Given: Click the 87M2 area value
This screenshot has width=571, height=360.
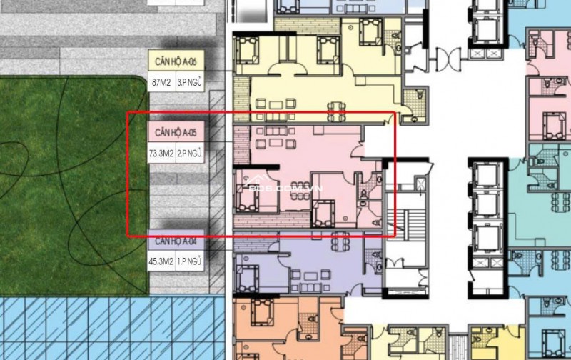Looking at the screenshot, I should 160,81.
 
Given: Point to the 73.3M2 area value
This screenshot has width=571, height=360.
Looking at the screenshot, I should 161,153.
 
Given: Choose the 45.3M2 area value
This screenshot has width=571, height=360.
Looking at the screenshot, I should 161,261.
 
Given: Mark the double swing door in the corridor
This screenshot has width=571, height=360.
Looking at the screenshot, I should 444,57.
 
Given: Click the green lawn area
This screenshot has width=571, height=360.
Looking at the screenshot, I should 71,186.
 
